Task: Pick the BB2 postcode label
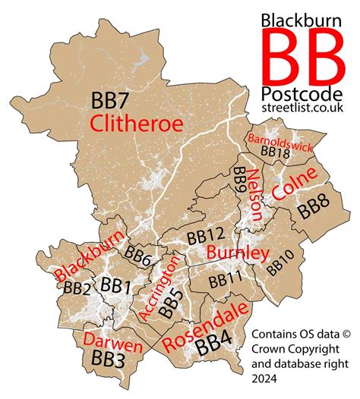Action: (x=77, y=288)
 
